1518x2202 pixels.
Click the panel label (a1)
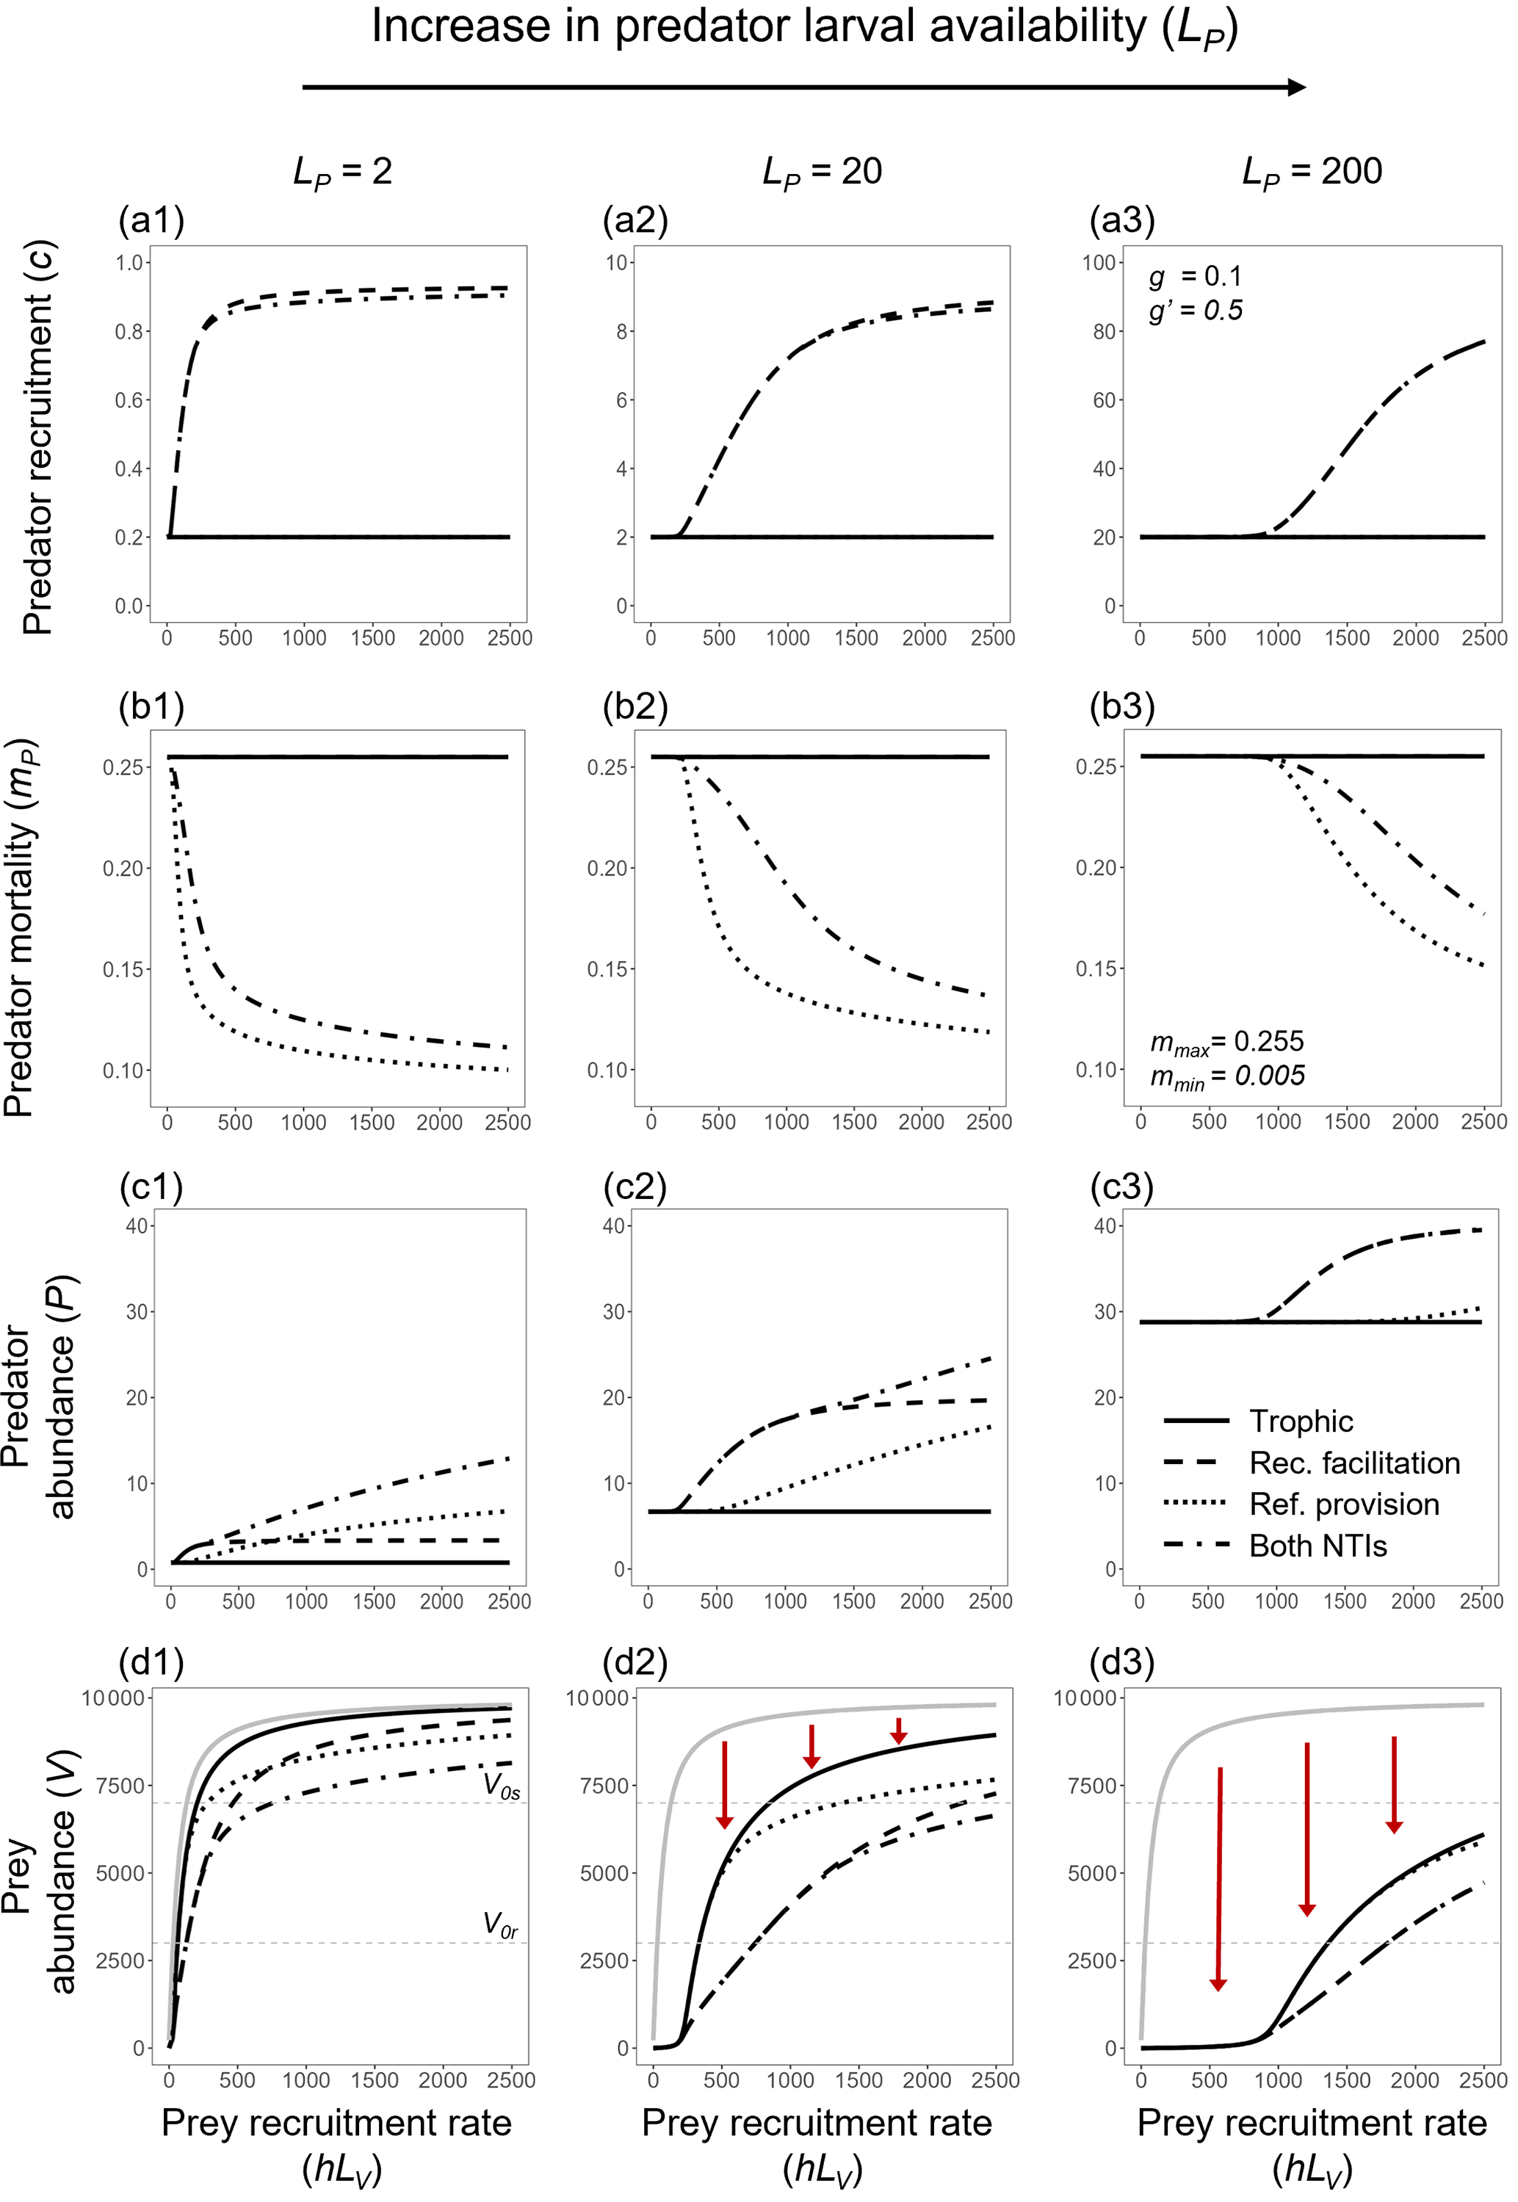pos(151,220)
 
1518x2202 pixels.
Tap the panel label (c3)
pos(1121,1187)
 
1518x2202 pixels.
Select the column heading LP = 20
pos(822,172)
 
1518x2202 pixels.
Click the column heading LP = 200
pos(1312,172)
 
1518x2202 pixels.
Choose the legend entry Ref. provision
pos(1343,1504)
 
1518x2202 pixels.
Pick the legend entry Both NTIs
pos(1318,1546)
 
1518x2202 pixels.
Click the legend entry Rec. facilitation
pos(1353,1463)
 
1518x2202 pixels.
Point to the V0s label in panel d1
pos(502,1786)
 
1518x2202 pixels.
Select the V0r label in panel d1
pos(500,1925)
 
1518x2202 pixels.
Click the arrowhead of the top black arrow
pos(1296,87)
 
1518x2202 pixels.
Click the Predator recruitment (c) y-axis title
pos(39,438)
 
